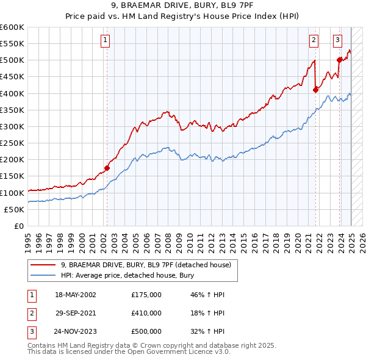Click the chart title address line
coord(183,7)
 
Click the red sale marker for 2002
coord(107,168)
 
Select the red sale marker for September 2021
coord(315,90)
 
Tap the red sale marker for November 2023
coord(339,60)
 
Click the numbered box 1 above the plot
coord(106,40)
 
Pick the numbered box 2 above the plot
coord(314,40)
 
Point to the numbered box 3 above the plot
coord(337,40)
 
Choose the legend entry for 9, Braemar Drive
coord(145,265)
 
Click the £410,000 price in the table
coord(146,313)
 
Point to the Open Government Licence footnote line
coord(129,352)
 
